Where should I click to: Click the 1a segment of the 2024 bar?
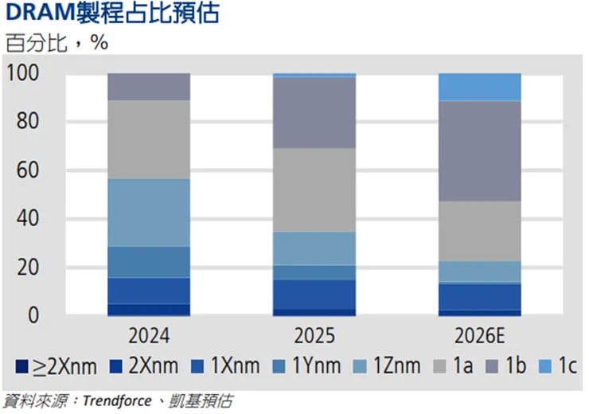tap(149, 139)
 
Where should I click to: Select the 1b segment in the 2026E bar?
tap(479, 150)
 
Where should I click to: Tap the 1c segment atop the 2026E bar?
tap(479, 87)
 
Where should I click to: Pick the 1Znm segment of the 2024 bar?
tap(149, 213)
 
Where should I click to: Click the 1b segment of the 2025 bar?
tap(314, 112)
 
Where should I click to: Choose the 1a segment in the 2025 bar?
tap(314, 189)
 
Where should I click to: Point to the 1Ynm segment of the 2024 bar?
tap(149, 262)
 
